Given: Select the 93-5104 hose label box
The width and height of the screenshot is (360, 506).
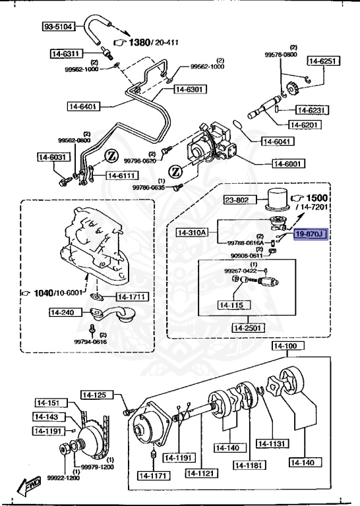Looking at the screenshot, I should click(x=59, y=27).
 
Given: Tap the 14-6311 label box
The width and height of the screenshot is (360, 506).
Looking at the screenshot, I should click(x=66, y=53).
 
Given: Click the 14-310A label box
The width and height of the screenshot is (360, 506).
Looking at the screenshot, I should click(x=192, y=232).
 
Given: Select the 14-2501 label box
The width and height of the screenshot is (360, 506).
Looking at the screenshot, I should click(x=248, y=327).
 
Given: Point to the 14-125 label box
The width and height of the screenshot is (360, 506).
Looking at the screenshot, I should click(x=96, y=395).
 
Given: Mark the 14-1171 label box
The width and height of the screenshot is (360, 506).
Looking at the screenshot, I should click(x=152, y=474).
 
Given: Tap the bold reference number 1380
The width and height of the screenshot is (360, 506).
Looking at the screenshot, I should click(x=139, y=43).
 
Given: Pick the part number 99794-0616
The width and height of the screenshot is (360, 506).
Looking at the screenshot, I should click(x=90, y=342).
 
